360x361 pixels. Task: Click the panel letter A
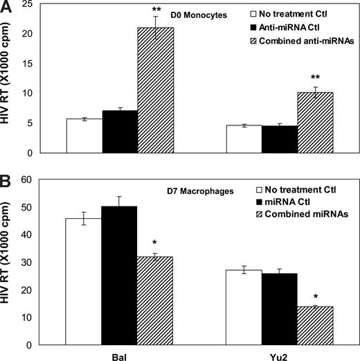point(6,7)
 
